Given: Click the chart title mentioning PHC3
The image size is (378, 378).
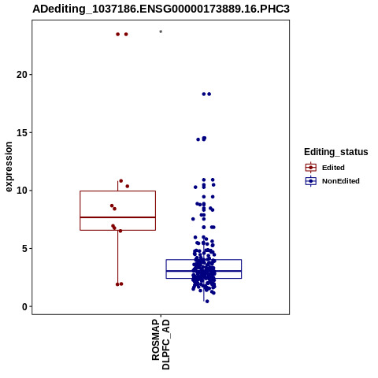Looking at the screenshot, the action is (x=161, y=9).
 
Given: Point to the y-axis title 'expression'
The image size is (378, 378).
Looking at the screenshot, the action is (x=9, y=167).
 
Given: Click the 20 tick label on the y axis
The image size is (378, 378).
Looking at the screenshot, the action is (x=22, y=75).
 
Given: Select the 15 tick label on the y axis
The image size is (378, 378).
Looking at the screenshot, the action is (x=22, y=132).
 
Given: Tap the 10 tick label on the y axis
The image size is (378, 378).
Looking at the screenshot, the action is (x=22, y=191).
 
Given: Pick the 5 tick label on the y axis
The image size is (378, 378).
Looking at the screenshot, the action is (x=24, y=249).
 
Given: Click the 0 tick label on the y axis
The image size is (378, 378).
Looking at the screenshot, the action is (x=24, y=306).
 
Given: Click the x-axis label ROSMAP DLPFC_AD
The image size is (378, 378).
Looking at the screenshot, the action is (x=161, y=344).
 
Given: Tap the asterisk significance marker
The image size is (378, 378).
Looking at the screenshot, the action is (x=161, y=32).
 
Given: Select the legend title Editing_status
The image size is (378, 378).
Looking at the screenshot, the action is (x=336, y=152).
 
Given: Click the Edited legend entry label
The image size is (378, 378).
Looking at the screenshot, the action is (x=333, y=168).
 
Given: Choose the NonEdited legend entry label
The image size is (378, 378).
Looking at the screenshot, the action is (x=341, y=181).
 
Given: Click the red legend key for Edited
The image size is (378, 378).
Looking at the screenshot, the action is (x=311, y=167).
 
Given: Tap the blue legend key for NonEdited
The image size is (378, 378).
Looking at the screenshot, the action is (x=311, y=181).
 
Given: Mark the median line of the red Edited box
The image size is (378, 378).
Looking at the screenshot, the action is (x=117, y=217).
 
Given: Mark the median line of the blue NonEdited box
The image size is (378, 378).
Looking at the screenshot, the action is (x=204, y=271).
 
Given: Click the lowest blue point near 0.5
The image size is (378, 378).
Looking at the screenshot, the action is (x=207, y=302).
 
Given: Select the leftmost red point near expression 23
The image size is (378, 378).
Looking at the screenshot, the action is (x=118, y=34).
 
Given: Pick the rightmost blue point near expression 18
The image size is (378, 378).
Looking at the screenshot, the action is (x=209, y=94).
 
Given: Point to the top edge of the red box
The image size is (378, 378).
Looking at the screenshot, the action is (x=117, y=191).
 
